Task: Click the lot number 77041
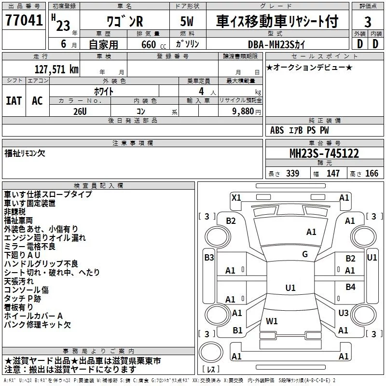pyautogui.click(x=24, y=20)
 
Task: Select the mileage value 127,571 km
pyautogui.click(x=56, y=69)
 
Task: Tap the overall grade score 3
pyautogui.click(x=368, y=22)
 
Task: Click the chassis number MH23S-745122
pyautogui.click(x=324, y=153)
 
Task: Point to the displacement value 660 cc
pyautogui.click(x=153, y=44)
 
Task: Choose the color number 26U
pyautogui.click(x=80, y=111)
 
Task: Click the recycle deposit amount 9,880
pyautogui.click(x=243, y=111)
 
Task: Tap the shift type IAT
pyautogui.click(x=14, y=101)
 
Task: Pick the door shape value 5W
pyautogui.click(x=187, y=21)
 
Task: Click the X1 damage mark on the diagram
pyautogui.click(x=236, y=197)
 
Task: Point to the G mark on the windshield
pyautogui.click(x=305, y=254)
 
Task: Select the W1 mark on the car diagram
pyautogui.click(x=272, y=321)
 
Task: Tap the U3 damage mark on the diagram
pyautogui.click(x=344, y=313)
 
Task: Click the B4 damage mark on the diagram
pyautogui.click(x=350, y=287)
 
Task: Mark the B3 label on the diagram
pyautogui.click(x=209, y=257)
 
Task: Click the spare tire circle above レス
pyautogui.click(x=211, y=352)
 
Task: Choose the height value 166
pyautogui.click(x=372, y=173)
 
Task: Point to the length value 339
pyautogui.click(x=293, y=173)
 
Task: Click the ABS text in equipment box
pyautogui.click(x=277, y=130)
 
